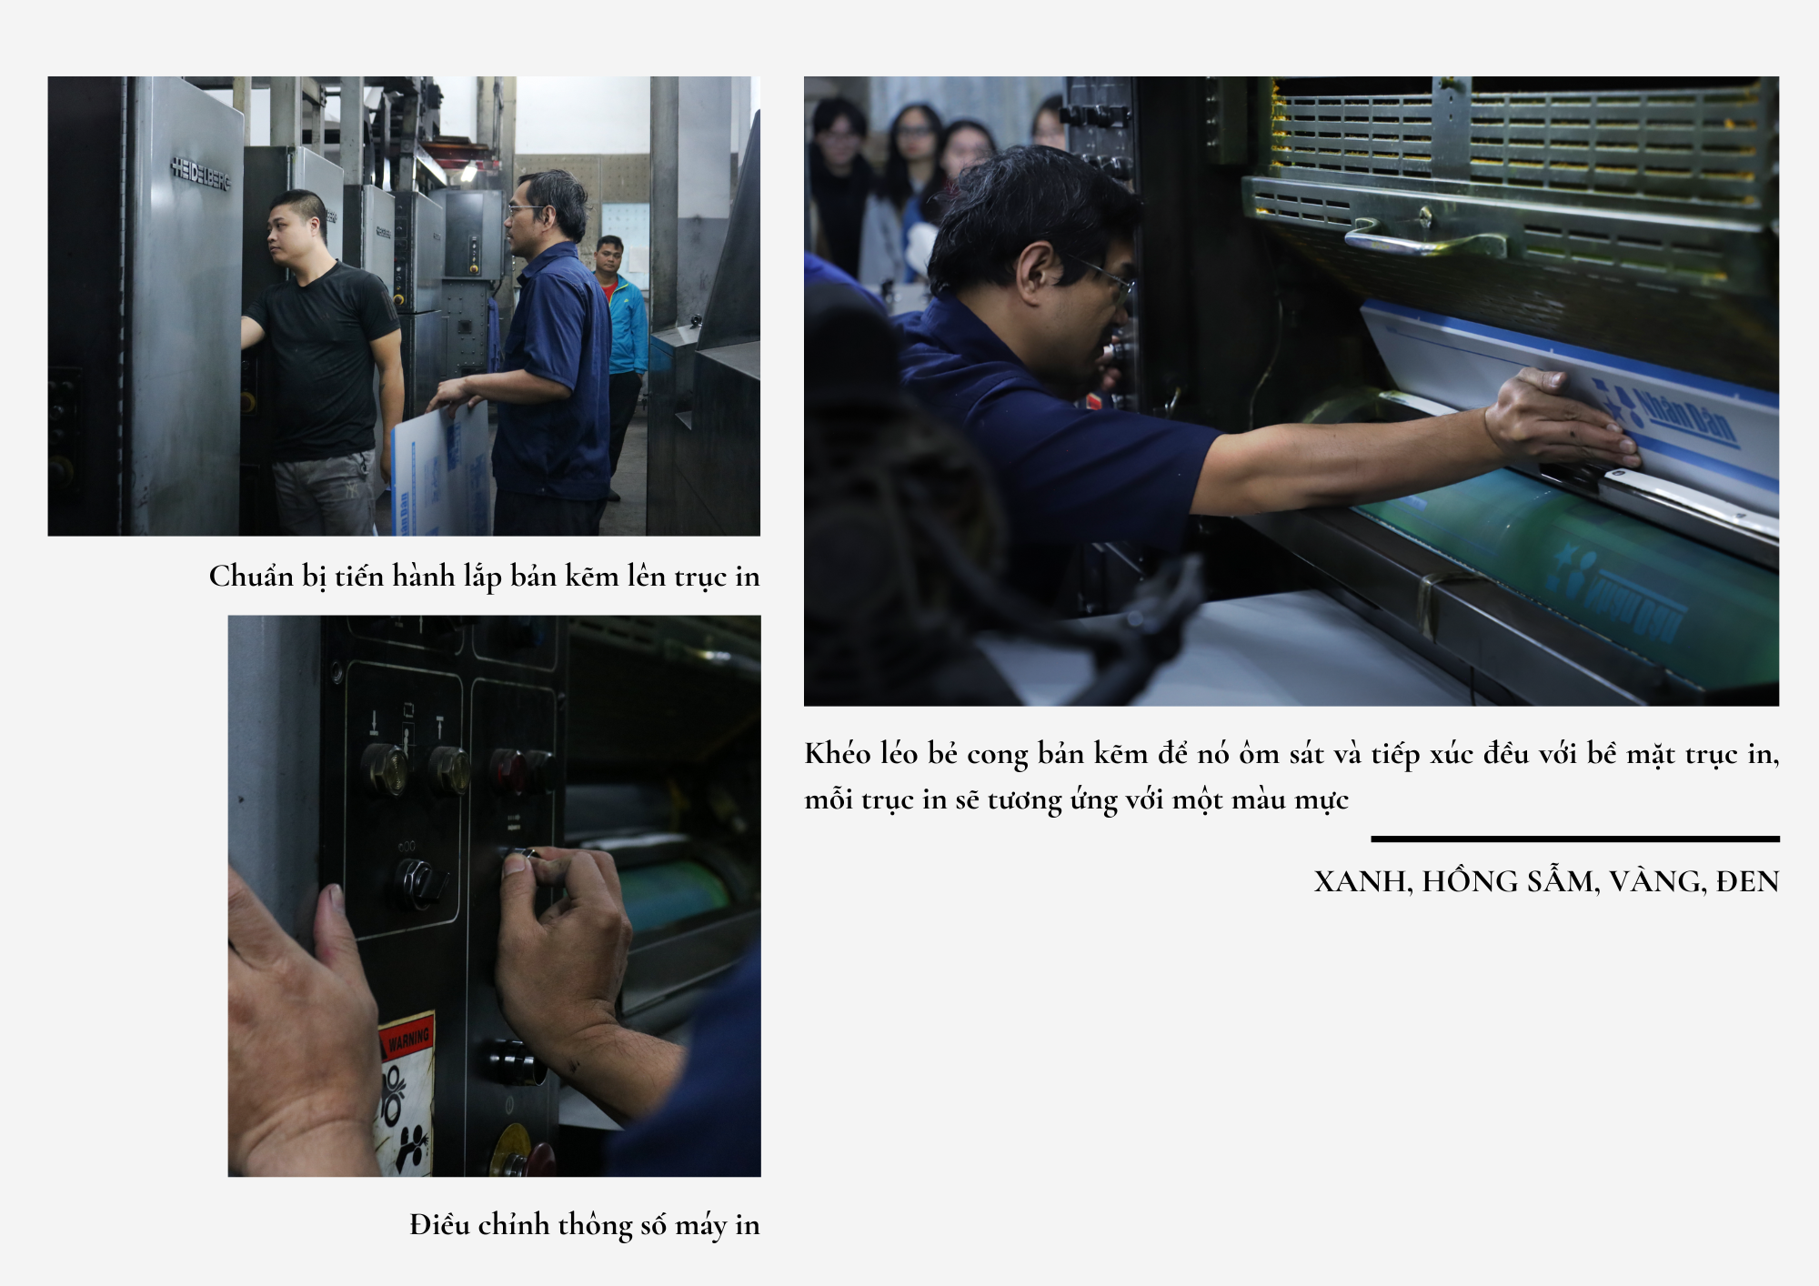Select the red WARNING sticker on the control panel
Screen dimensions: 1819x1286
407,1037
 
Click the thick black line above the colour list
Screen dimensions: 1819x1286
1575,839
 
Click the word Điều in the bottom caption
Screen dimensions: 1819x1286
439,1224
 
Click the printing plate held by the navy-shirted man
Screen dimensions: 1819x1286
440,473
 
